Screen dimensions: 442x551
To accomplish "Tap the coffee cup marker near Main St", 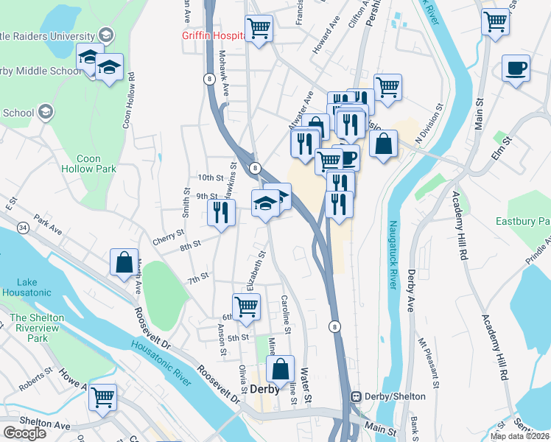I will pos(516,69).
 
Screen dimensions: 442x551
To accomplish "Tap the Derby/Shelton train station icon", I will pos(356,396).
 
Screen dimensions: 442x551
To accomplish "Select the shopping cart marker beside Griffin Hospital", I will pos(259,29).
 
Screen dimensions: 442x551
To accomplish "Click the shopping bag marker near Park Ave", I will pos(124,262).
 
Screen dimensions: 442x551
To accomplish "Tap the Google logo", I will pos(24,433).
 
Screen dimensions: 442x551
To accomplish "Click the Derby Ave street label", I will pos(410,292).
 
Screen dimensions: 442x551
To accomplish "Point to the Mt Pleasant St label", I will pos(429,362).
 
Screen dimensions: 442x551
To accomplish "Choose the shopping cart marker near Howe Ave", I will pos(102,396).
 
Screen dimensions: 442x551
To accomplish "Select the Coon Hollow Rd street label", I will pos(129,99).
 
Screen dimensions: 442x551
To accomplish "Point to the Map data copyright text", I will pos(519,436).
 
